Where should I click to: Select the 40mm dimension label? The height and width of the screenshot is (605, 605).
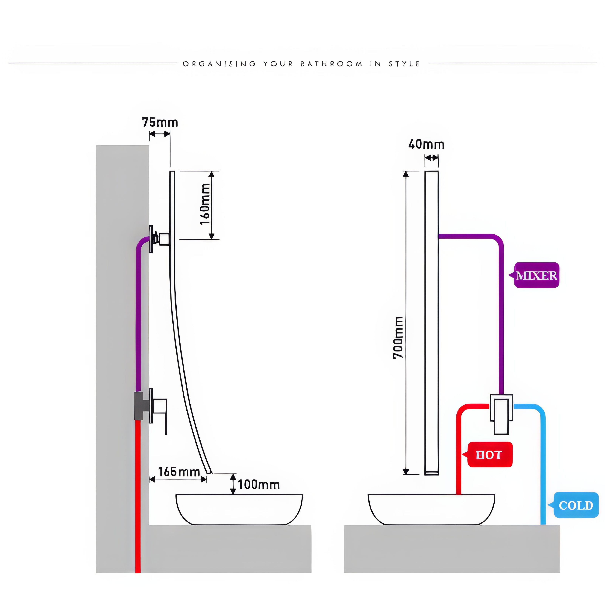click(x=426, y=144)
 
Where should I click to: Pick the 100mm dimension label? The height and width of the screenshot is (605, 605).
click(x=259, y=485)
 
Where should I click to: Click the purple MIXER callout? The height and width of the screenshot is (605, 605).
click(x=536, y=276)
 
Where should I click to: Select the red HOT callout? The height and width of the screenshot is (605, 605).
click(x=489, y=455)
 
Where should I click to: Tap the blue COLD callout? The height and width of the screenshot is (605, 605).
click(x=576, y=505)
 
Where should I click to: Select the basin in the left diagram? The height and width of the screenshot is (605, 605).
click(x=239, y=509)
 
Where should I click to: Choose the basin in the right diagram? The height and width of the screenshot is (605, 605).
click(x=431, y=509)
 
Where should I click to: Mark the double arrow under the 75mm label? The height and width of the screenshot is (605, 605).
click(x=160, y=134)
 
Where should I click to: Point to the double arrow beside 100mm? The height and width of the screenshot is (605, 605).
click(x=233, y=484)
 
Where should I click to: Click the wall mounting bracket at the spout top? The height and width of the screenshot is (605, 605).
click(x=151, y=239)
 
